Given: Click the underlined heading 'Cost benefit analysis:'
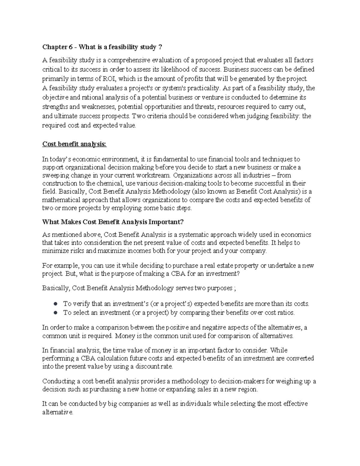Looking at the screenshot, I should [x=74, y=144].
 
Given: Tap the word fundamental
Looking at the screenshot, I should [x=164, y=159].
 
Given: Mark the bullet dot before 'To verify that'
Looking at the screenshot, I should [x=55, y=304].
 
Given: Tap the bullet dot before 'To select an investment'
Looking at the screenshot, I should [x=55, y=312].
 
